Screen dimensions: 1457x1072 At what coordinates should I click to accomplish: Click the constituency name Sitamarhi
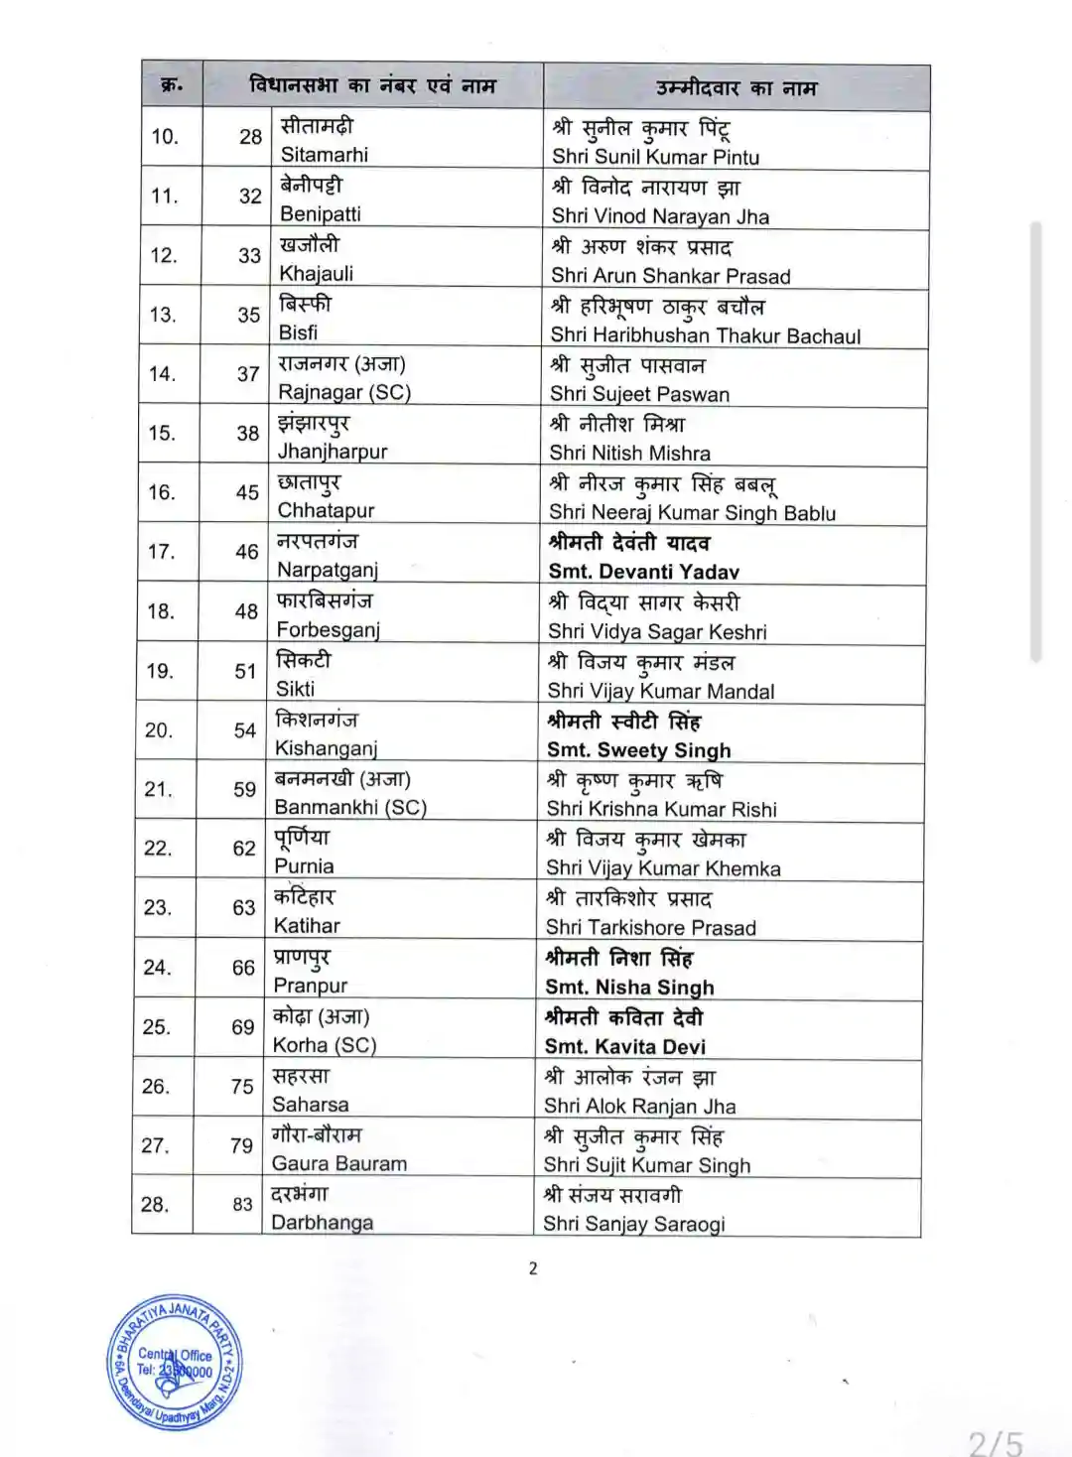[324, 154]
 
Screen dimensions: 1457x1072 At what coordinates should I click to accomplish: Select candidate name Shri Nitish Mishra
[629, 453]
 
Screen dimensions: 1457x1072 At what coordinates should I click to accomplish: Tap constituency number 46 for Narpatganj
[246, 552]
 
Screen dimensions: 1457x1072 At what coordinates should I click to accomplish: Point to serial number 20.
[159, 730]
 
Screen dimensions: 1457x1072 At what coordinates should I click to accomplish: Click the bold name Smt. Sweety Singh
[638, 750]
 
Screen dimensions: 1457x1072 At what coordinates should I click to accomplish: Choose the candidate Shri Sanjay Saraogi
[633, 1224]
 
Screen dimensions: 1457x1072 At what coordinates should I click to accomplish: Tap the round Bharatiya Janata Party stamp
[175, 1363]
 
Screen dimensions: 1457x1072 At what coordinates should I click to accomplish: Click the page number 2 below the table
[533, 1267]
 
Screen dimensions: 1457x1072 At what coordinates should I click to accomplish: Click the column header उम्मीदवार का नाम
[736, 88]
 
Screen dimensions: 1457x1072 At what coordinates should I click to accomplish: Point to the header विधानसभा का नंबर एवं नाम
[372, 85]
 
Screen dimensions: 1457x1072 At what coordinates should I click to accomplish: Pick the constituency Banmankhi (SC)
[350, 807]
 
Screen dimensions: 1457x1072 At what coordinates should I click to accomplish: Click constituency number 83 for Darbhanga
[242, 1204]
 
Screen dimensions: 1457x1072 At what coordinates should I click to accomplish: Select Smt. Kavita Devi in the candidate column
[624, 1046]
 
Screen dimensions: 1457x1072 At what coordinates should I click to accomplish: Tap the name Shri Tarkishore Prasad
[650, 927]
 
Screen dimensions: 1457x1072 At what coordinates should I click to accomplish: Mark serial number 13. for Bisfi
[163, 315]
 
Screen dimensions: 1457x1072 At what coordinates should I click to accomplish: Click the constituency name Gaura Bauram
[338, 1163]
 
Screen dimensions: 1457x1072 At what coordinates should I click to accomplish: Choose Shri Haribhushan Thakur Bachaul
[705, 335]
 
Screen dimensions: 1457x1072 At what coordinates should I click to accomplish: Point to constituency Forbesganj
[328, 629]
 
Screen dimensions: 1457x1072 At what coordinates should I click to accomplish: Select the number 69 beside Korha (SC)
[243, 1027]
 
